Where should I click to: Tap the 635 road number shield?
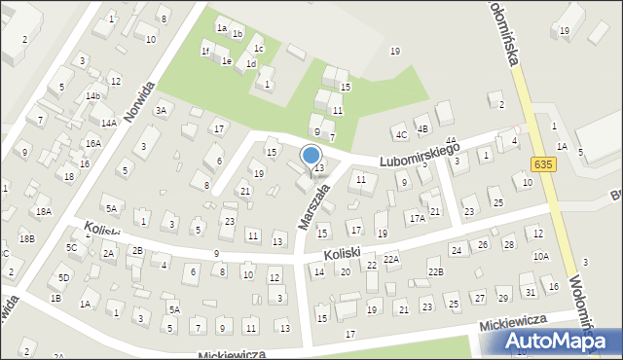543,164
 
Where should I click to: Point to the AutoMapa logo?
553,339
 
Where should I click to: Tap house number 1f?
205,51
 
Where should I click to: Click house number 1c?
258,48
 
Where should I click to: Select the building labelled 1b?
237,33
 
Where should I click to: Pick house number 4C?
400,133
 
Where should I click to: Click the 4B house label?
422,128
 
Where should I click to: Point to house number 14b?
92,96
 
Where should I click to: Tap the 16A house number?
92,143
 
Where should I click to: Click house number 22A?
390,259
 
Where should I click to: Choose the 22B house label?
435,271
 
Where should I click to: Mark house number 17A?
418,219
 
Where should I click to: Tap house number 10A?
540,256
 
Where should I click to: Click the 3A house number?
162,111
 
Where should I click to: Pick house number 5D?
63,277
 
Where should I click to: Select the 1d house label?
250,63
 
